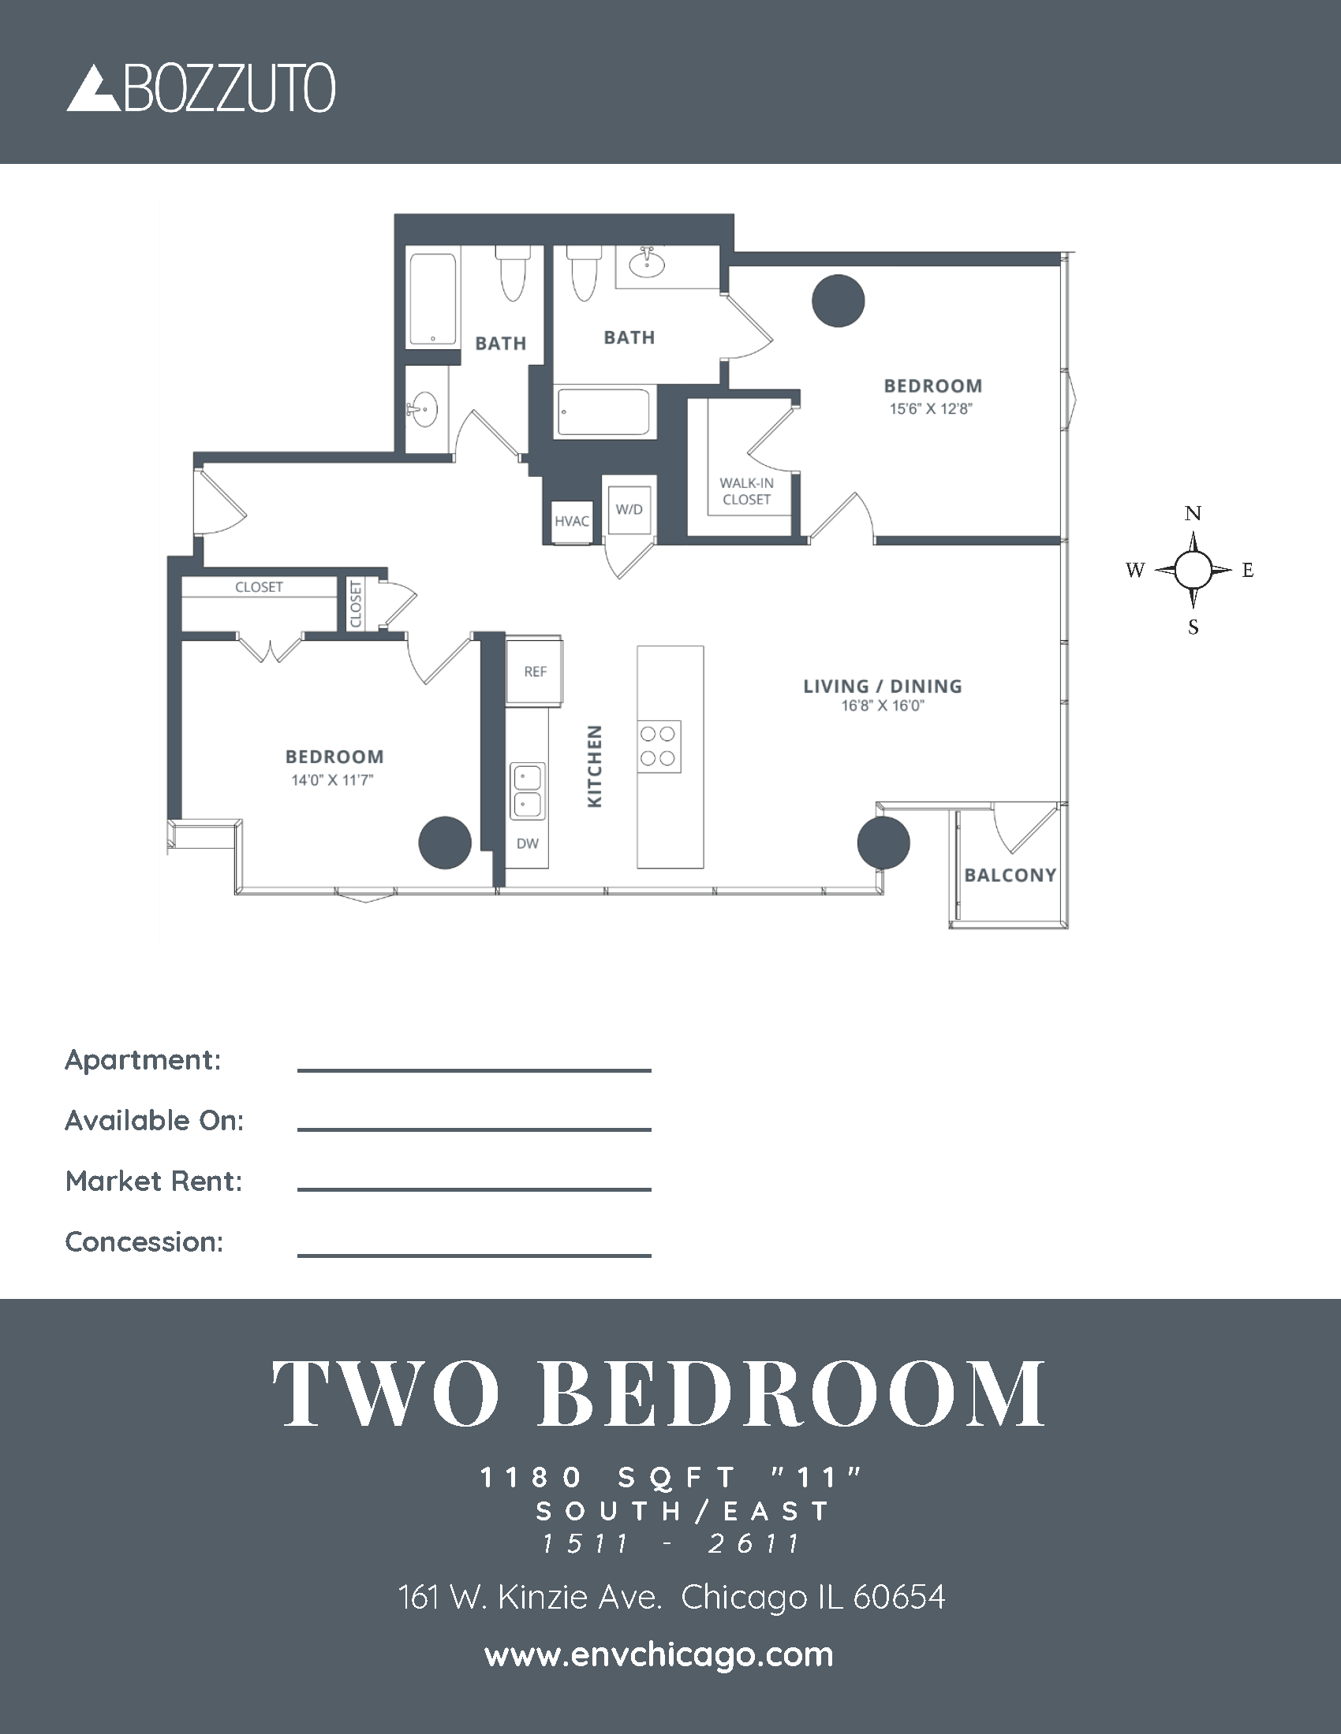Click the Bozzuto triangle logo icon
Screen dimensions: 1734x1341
click(x=93, y=89)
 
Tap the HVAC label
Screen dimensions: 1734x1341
click(x=572, y=522)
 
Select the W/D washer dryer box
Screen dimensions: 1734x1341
click(x=629, y=509)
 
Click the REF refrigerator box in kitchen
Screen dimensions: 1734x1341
click(x=535, y=672)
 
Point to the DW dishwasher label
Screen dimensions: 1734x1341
click(x=528, y=843)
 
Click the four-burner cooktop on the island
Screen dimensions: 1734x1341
click(x=659, y=746)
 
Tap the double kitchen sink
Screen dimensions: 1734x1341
click(x=527, y=791)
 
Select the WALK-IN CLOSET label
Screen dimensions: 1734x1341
click(x=747, y=492)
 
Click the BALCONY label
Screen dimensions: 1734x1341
click(x=1010, y=875)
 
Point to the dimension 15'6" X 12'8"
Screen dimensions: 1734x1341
click(x=930, y=409)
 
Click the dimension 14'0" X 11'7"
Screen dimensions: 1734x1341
click(x=332, y=780)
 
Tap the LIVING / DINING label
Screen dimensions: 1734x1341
click(x=882, y=686)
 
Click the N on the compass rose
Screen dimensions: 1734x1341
click(x=1193, y=514)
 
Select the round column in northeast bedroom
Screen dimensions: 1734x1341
click(x=838, y=301)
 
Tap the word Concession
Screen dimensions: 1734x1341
click(x=144, y=1241)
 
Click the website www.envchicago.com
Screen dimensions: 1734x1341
click(x=659, y=1655)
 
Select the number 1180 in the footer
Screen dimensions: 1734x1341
click(x=531, y=1478)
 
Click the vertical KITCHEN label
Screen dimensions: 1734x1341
click(x=594, y=766)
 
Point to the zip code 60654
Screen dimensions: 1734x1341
click(x=898, y=1598)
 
